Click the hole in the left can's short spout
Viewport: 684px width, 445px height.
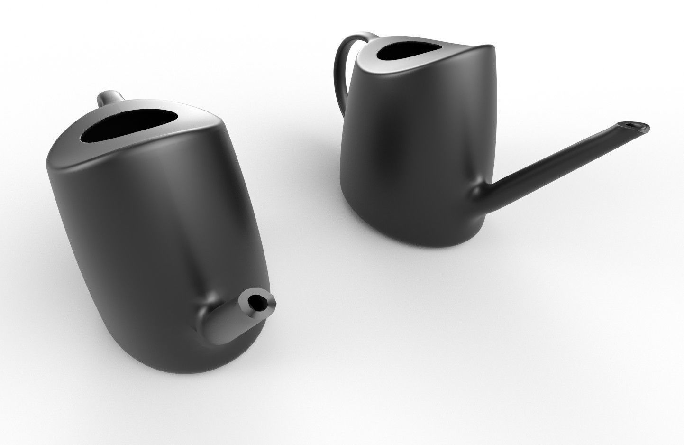pyautogui.click(x=257, y=301)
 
